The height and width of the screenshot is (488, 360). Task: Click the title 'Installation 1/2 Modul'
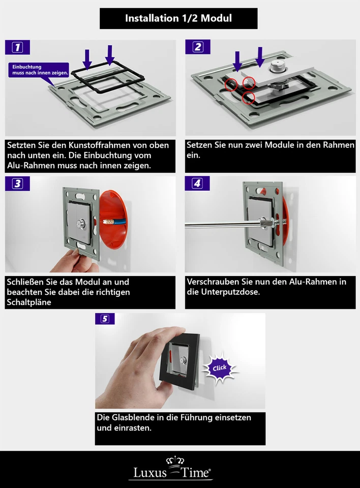pyautogui.click(x=178, y=18)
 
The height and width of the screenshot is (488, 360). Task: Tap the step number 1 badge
pyautogui.click(x=17, y=48)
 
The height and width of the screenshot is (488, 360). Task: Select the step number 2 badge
pyautogui.click(x=197, y=47)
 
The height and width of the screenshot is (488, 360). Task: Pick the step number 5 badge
pyautogui.click(x=105, y=319)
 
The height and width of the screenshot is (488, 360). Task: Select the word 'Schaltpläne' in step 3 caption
pyautogui.click(x=29, y=302)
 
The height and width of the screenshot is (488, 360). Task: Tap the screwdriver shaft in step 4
pyautogui.click(x=224, y=223)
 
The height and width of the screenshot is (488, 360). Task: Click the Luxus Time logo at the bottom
pyautogui.click(x=173, y=470)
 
